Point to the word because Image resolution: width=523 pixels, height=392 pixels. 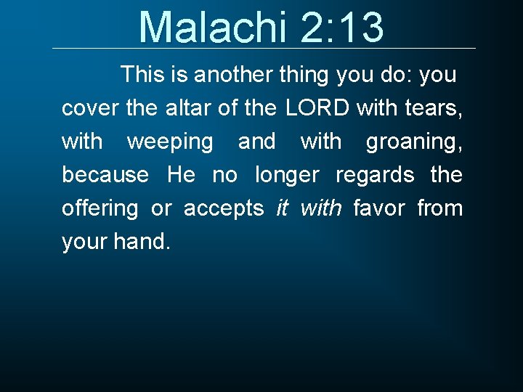[x=105, y=175]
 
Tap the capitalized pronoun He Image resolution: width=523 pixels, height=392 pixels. [x=181, y=175]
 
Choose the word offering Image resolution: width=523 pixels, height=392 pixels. [x=100, y=209]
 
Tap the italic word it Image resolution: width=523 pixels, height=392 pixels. [x=282, y=209]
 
